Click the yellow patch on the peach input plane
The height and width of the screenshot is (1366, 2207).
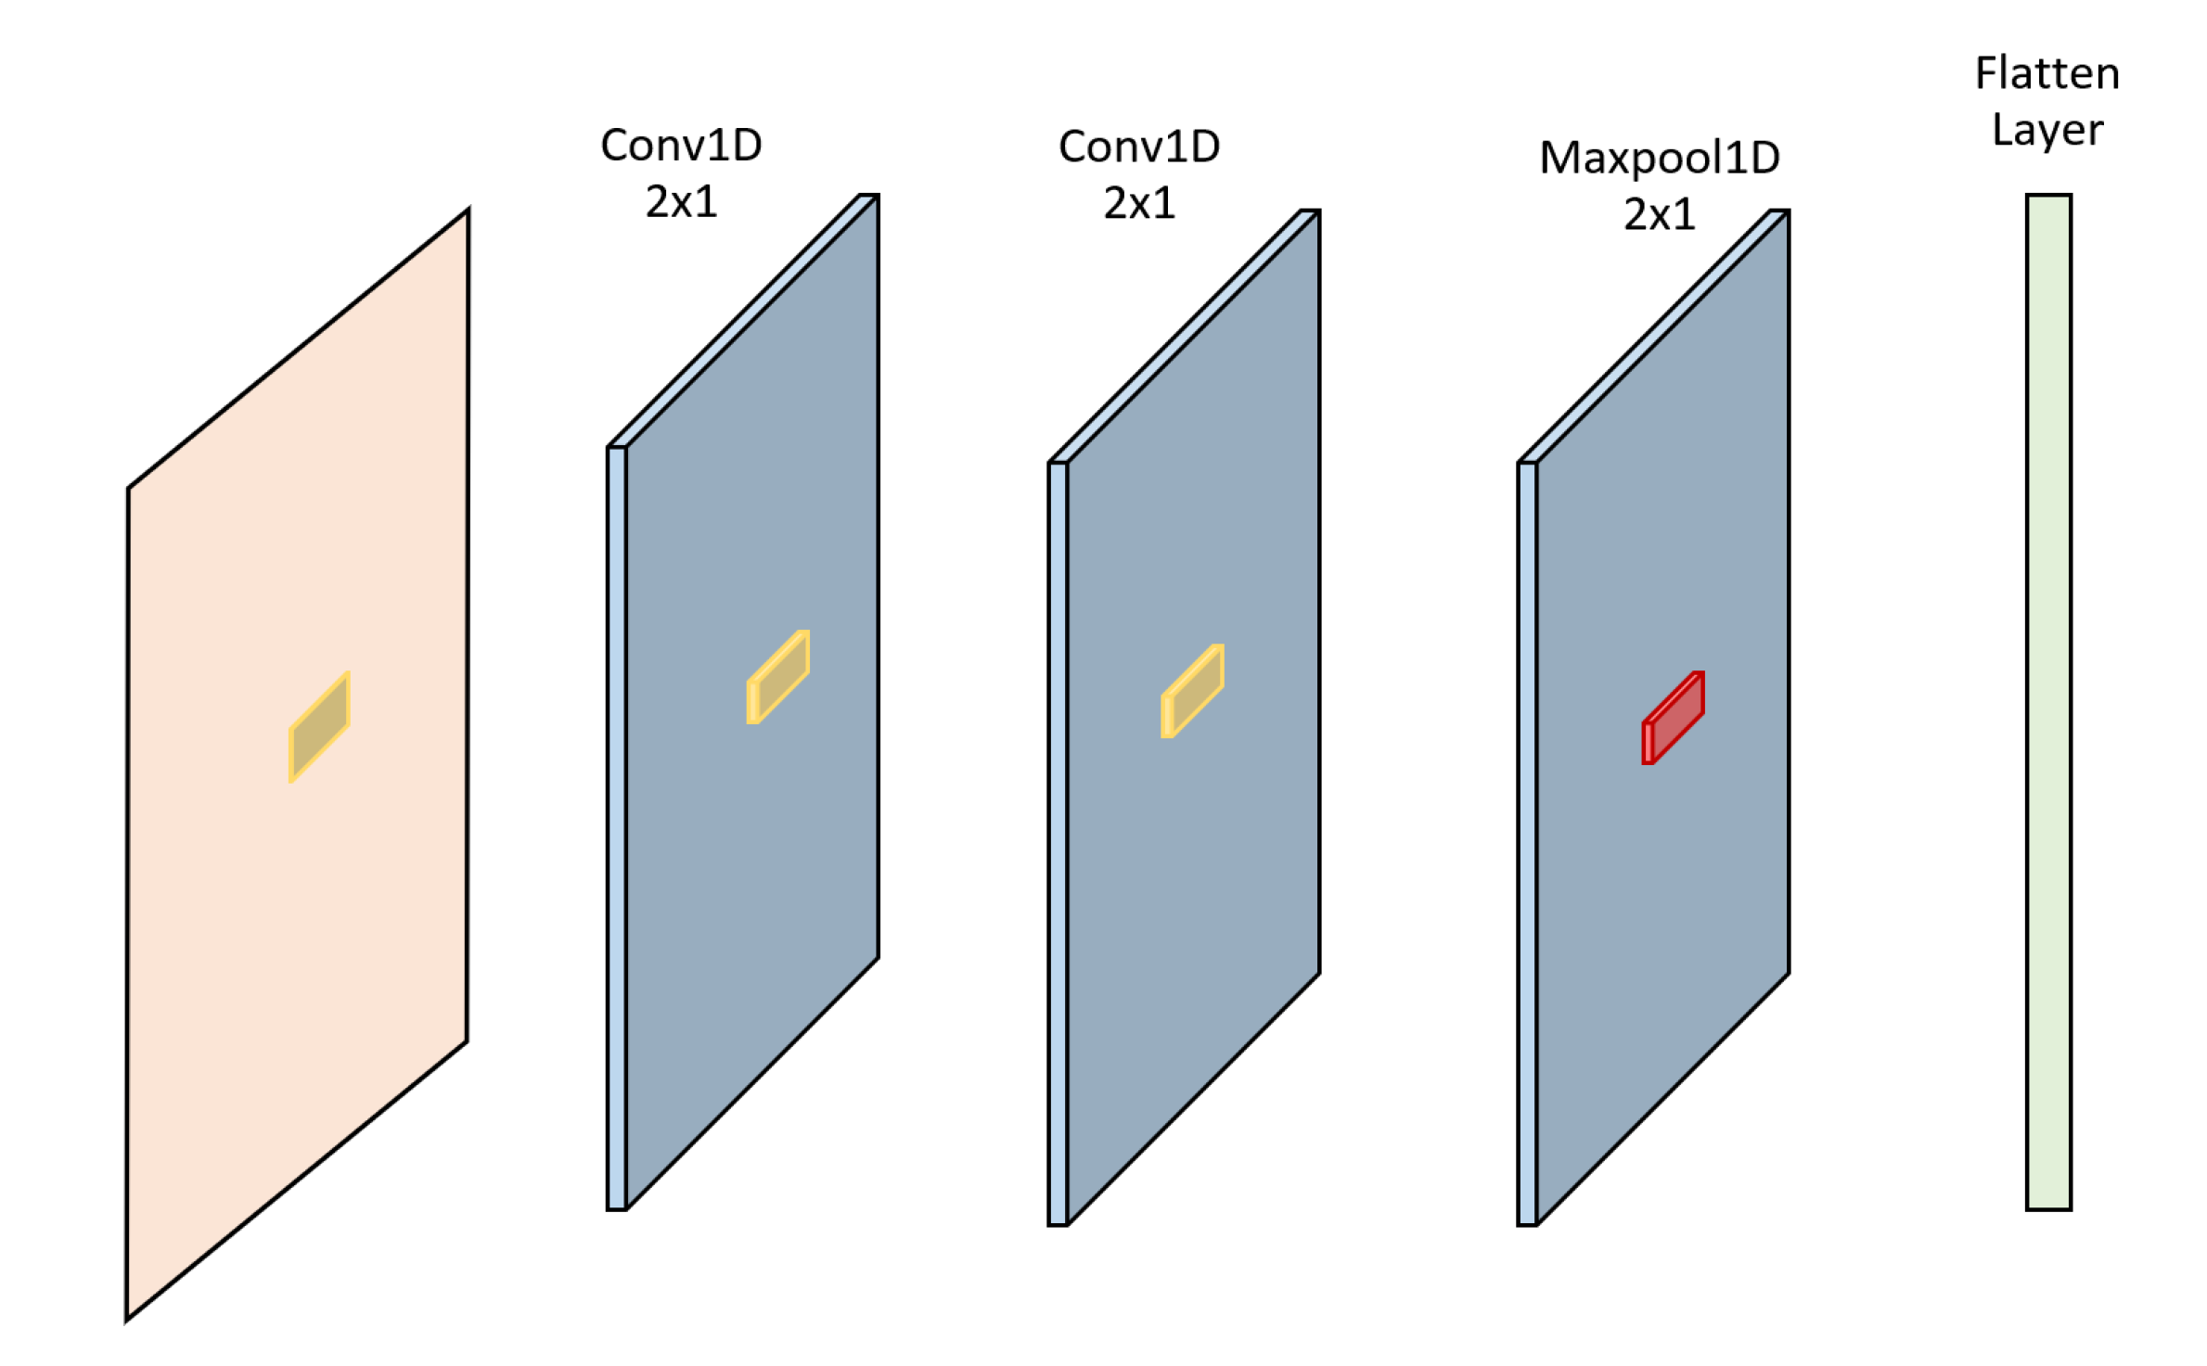click(x=319, y=726)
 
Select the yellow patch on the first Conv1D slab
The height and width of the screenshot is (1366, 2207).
click(x=779, y=677)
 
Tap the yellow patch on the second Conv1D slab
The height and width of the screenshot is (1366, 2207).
click(x=1193, y=691)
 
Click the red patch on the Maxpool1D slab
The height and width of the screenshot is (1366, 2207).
click(x=1674, y=718)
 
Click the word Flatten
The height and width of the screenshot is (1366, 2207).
click(x=2047, y=74)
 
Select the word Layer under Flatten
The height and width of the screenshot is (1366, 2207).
click(x=2047, y=130)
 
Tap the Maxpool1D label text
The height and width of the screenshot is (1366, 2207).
click(x=1659, y=158)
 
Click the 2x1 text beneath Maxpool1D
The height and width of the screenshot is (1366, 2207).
click(x=1659, y=215)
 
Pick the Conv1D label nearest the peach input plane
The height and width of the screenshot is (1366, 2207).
click(x=681, y=146)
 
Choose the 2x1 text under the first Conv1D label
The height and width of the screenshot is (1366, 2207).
click(x=681, y=202)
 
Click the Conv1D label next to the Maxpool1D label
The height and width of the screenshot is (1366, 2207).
click(x=1139, y=147)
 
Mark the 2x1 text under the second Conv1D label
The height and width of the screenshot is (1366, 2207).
click(x=1139, y=204)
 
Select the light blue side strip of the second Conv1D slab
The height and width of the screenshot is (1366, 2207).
click(x=1058, y=844)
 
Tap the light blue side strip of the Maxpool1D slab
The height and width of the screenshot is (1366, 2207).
click(x=1527, y=844)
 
